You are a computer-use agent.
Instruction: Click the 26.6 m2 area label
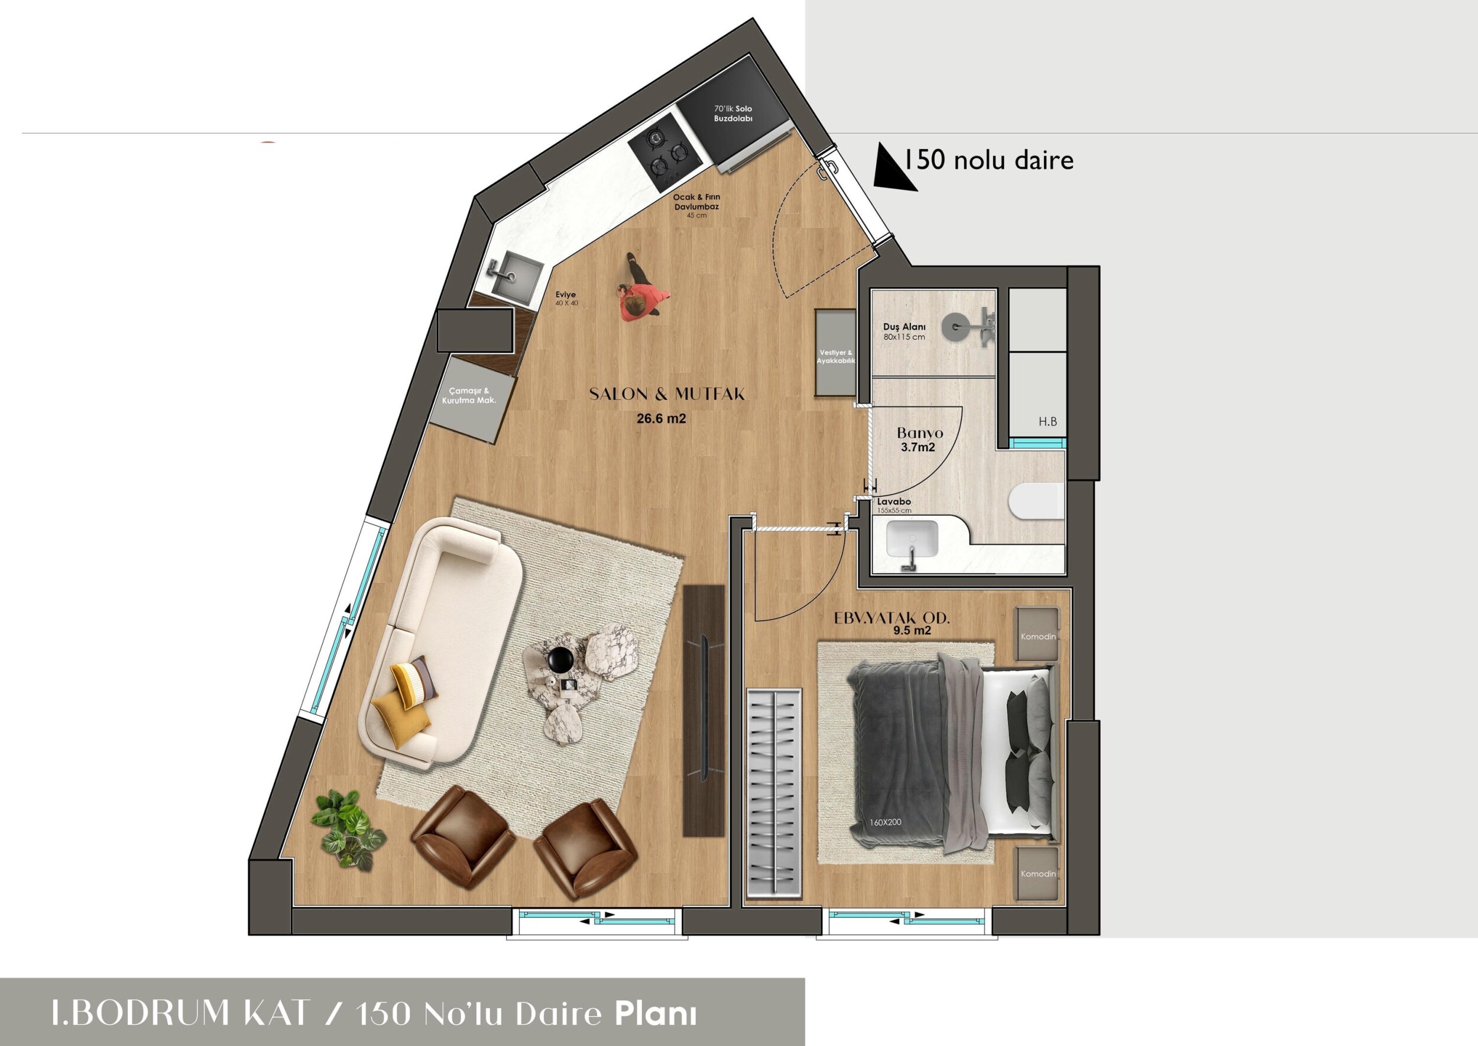[x=661, y=419]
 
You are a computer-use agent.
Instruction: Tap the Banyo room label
[x=919, y=433]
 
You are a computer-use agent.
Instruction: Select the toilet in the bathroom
[x=1036, y=502]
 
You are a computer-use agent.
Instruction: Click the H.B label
[x=1048, y=422]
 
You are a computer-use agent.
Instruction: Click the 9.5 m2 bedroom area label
[x=912, y=631]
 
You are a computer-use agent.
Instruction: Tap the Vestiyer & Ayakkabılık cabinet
[x=835, y=353]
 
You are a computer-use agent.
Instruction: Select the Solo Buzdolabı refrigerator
[x=734, y=114]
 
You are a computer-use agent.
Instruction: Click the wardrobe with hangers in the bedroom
[x=774, y=794]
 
